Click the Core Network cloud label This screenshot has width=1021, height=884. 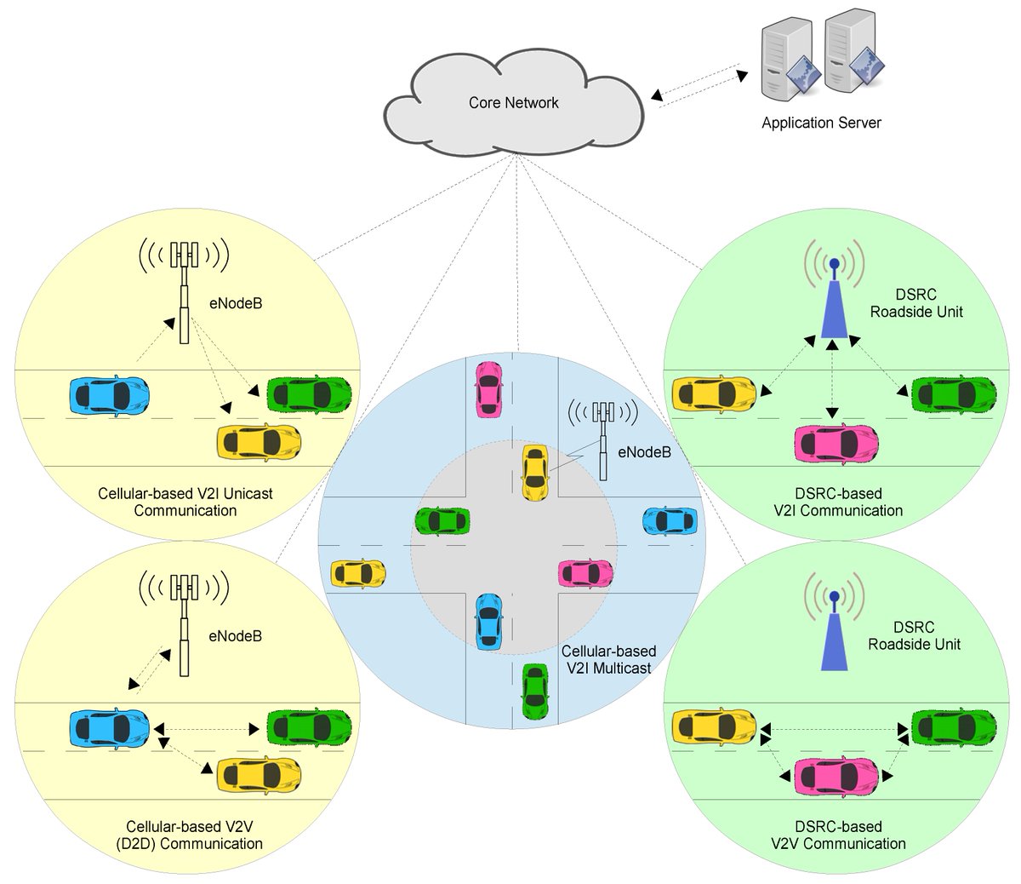(x=513, y=103)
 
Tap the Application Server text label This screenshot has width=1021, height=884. (x=821, y=123)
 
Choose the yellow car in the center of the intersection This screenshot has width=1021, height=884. (x=533, y=472)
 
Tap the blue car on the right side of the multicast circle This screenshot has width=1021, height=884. (x=670, y=520)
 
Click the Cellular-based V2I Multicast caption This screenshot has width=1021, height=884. (x=609, y=660)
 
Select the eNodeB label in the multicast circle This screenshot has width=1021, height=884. (x=644, y=452)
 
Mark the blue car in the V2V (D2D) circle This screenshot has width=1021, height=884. (x=109, y=727)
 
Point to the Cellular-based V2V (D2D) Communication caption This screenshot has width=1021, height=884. (x=194, y=835)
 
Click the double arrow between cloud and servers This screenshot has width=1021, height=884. (x=697, y=85)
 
